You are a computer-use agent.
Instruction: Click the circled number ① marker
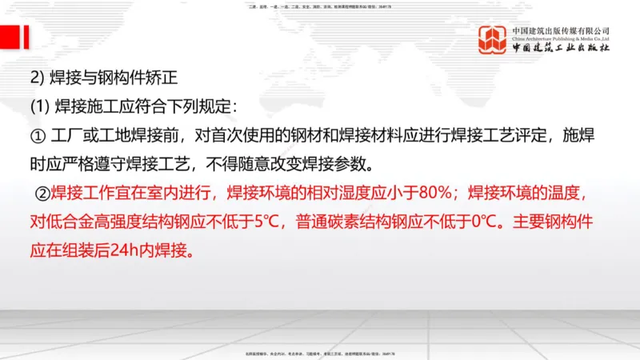(x=36, y=136)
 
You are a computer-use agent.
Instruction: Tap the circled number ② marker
(x=42, y=193)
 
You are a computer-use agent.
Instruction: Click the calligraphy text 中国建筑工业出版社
(x=561, y=49)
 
